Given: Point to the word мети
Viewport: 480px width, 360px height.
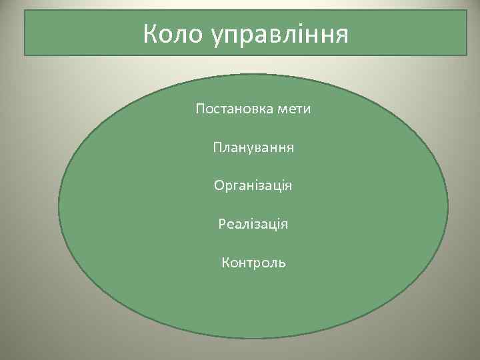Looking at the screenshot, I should tap(294, 108).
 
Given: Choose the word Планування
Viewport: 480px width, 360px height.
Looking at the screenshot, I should tap(253, 146).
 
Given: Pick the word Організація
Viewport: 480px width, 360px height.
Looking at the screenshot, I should tap(253, 185).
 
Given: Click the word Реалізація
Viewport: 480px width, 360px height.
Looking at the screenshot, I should tap(253, 224).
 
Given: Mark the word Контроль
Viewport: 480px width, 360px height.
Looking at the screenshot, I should tap(253, 263).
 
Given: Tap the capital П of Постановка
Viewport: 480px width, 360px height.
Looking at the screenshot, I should tap(200, 108).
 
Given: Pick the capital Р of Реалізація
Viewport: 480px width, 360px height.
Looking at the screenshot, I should tap(222, 223).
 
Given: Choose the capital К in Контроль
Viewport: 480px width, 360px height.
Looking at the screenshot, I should tap(225, 263).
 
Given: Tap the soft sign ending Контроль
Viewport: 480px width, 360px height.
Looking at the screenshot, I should tap(283, 263).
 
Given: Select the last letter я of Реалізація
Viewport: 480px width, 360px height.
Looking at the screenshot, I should tap(285, 225).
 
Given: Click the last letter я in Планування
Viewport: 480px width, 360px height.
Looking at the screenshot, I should tap(291, 147).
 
